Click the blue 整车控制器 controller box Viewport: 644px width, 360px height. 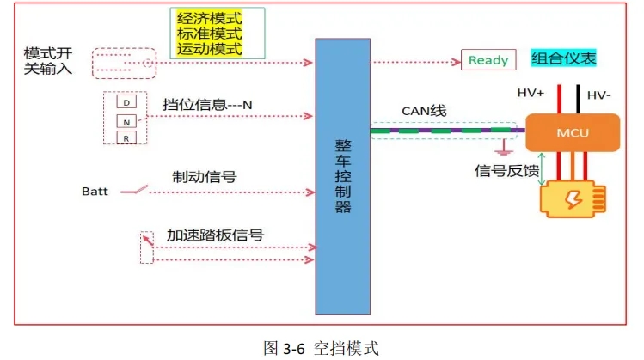coord(343,176)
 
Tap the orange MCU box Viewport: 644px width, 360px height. coord(572,132)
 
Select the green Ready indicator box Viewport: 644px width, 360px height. coord(488,60)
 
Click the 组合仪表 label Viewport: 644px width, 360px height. coord(563,58)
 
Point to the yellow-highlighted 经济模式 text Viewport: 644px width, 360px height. coord(210,18)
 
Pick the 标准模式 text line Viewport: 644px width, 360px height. coord(210,34)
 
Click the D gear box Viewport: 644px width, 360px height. coord(126,103)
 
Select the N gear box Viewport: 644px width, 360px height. coord(126,121)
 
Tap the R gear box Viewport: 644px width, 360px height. coord(126,138)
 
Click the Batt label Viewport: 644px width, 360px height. coord(95,191)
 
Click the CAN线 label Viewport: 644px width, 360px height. coord(424,111)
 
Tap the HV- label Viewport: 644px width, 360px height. coord(600,95)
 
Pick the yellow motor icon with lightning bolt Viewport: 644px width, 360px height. coord(572,198)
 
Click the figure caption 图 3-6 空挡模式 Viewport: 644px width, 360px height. coord(321,347)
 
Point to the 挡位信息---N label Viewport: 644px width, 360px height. coord(207,105)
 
